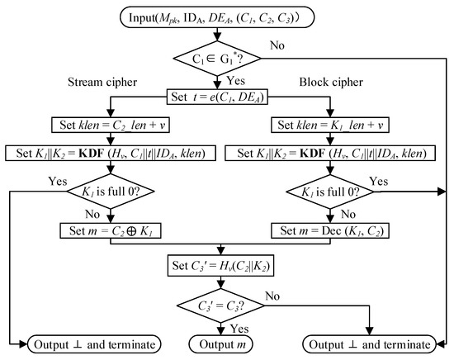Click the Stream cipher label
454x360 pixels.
98,82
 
